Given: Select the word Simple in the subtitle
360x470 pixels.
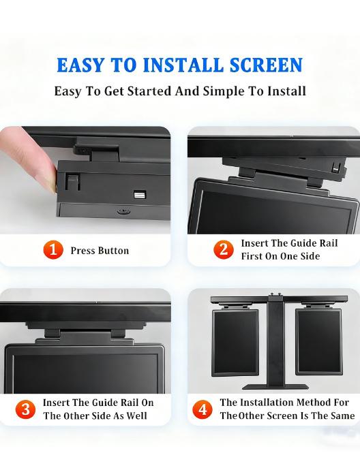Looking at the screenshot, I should (x=226, y=91).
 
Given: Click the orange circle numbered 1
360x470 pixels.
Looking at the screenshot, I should (x=53, y=250).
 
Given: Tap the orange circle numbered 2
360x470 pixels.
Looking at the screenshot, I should (x=222, y=250).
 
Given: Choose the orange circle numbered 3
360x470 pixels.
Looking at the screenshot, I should (x=26, y=409).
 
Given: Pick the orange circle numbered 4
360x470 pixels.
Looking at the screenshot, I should (x=202, y=409).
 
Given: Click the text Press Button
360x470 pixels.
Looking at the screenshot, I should (x=100, y=251).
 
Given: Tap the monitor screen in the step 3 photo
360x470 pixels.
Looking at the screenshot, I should (x=85, y=371).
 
